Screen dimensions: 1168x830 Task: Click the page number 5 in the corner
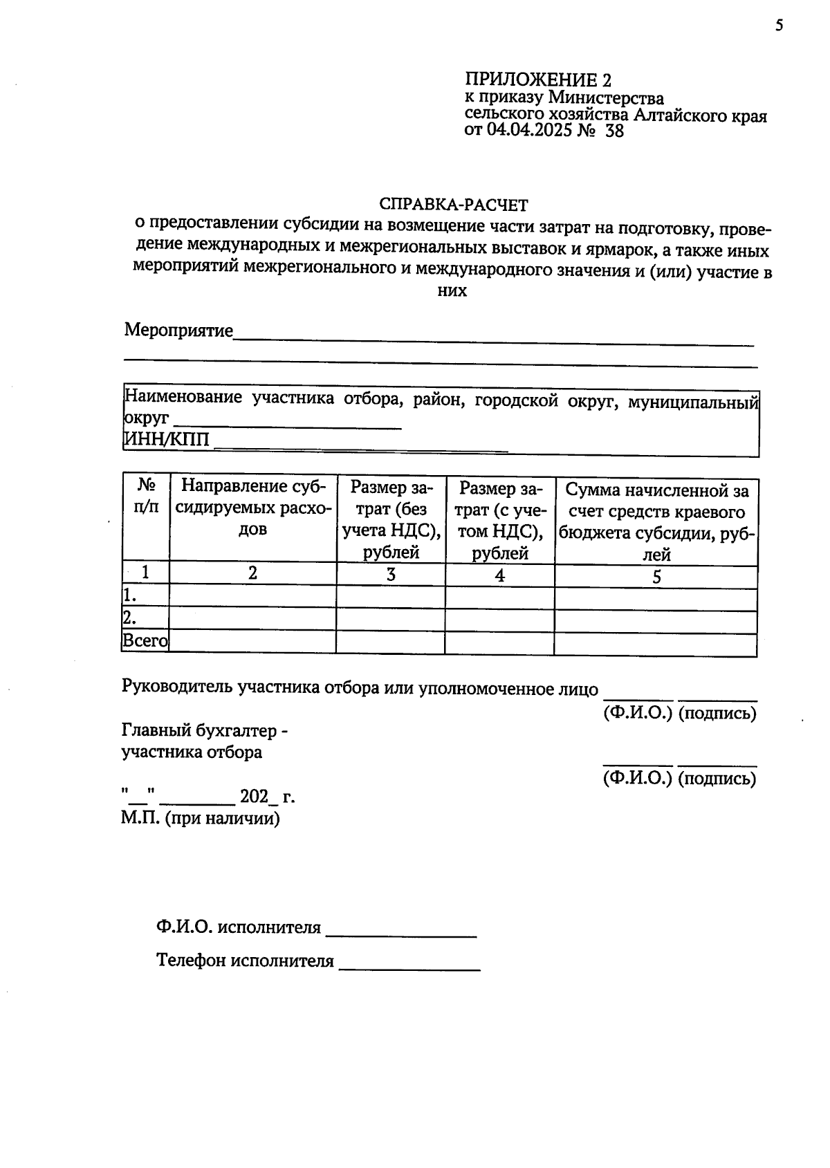[x=780, y=26]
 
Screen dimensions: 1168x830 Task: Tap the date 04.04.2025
[x=531, y=131]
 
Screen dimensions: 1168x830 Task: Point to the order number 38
[x=614, y=131]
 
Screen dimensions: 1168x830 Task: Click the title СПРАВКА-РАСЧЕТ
[x=453, y=205]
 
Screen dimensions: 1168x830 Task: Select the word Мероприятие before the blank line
[x=178, y=330]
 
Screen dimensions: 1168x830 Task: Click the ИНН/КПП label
[x=166, y=440]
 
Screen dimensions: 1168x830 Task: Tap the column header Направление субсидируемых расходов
[x=252, y=508]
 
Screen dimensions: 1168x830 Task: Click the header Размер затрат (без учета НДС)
[x=391, y=519]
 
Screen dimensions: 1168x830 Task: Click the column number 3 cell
[x=391, y=575]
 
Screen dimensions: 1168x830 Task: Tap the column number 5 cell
[x=656, y=577]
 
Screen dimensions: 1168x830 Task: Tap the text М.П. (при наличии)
[x=201, y=819]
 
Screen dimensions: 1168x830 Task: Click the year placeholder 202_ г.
[x=267, y=797]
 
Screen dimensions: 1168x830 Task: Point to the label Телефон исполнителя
[x=245, y=961]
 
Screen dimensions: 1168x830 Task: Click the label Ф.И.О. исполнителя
[x=239, y=927]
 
